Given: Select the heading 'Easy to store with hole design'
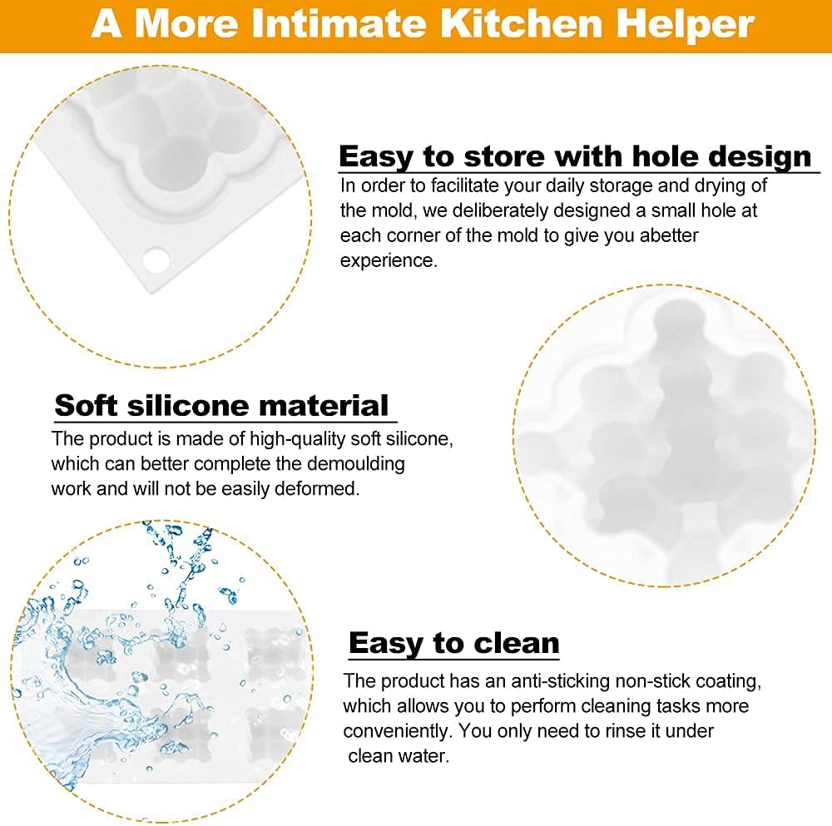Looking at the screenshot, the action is (575, 156).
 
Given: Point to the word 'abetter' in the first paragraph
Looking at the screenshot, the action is (669, 235).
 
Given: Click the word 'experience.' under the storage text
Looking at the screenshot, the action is (389, 260).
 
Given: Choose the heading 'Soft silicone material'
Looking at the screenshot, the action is (222, 405).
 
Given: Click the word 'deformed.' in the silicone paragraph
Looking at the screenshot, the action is (317, 488).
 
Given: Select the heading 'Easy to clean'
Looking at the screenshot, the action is (454, 643).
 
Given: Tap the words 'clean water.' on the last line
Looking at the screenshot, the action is (399, 755).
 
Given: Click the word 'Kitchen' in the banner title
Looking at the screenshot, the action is (522, 23).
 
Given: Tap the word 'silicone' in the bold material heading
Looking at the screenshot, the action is (188, 405).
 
